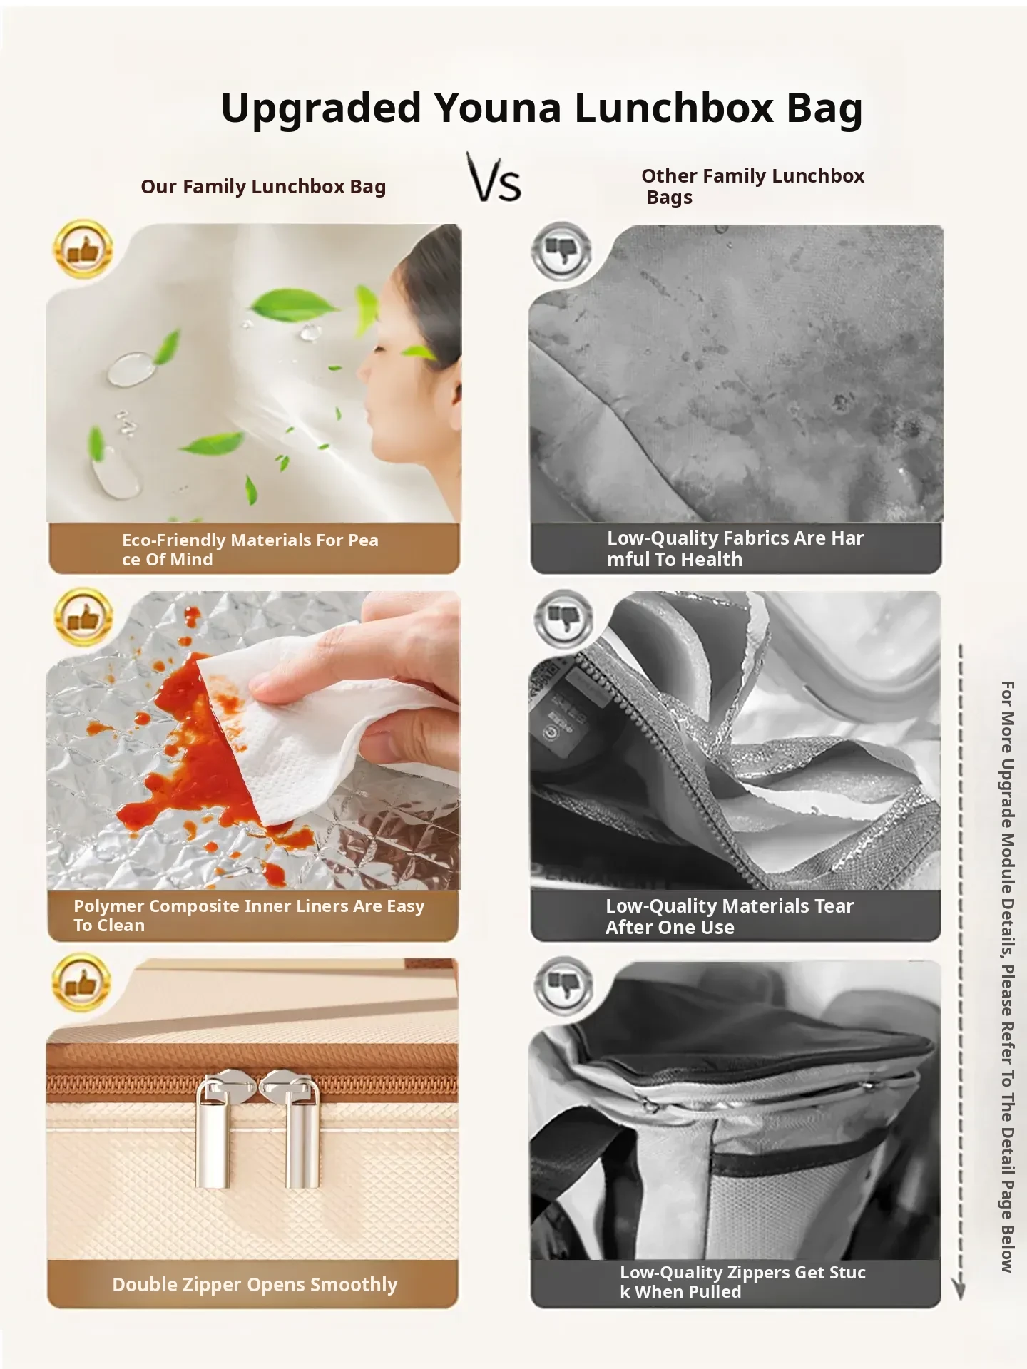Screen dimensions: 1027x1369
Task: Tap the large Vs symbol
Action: (x=494, y=178)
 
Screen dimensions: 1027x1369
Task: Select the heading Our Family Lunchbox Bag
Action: (x=263, y=187)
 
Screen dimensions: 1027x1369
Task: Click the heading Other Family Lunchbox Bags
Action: (x=752, y=186)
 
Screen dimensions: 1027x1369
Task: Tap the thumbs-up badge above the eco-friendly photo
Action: (x=83, y=249)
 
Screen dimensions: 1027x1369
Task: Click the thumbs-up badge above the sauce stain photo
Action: (x=83, y=617)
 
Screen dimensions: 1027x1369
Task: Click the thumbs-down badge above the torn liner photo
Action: (x=563, y=618)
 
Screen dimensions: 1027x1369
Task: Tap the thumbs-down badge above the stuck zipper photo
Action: (x=563, y=985)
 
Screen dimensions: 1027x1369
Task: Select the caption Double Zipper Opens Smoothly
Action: (x=255, y=1284)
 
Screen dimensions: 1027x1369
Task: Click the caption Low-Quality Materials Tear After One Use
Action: (x=729, y=916)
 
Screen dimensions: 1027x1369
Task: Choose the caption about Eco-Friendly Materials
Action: (x=250, y=549)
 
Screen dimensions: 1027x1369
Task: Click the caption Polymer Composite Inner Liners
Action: (x=249, y=916)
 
